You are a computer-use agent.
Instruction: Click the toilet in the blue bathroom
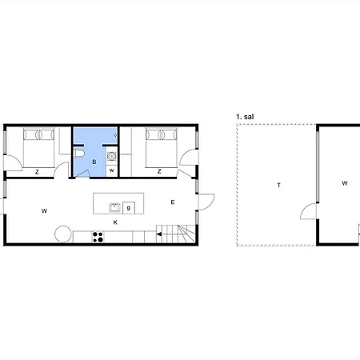(x=79, y=154)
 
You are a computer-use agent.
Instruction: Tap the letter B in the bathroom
(x=94, y=162)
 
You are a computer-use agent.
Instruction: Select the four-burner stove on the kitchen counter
(x=98, y=237)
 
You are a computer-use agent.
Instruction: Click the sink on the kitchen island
(x=114, y=208)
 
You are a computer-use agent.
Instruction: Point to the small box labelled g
(x=129, y=208)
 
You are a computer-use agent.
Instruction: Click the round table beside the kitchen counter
(x=63, y=234)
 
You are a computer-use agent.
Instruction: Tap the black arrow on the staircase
(x=159, y=234)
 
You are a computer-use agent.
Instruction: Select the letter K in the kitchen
(x=115, y=222)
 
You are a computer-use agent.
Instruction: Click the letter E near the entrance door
(x=173, y=202)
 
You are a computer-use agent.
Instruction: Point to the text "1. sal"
(x=245, y=117)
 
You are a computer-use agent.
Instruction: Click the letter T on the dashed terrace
(x=279, y=185)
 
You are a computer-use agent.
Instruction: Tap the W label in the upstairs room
(x=345, y=183)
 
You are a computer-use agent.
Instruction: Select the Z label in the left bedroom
(x=37, y=172)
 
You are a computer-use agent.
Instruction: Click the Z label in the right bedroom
(x=159, y=171)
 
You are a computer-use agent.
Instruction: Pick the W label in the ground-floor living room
(x=44, y=211)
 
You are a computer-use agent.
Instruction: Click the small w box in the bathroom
(x=112, y=170)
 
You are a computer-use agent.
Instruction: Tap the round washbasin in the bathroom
(x=111, y=156)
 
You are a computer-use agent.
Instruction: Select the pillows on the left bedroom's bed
(x=38, y=134)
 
